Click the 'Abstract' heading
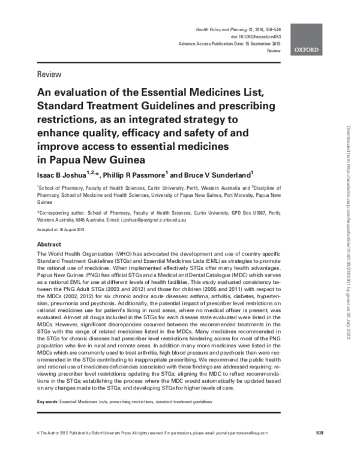49,245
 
